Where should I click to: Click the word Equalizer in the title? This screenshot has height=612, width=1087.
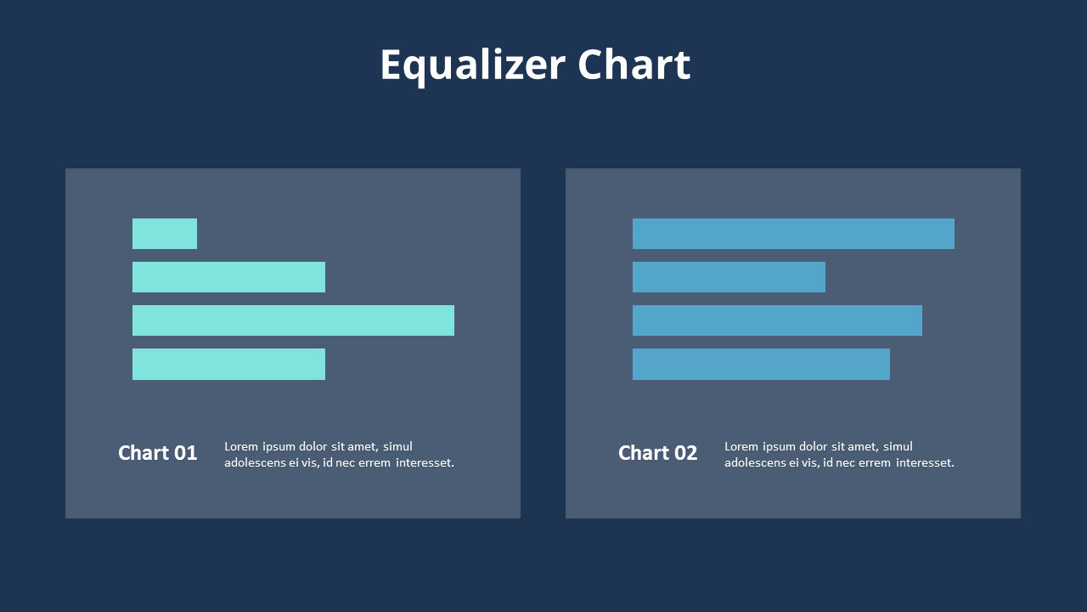point(472,65)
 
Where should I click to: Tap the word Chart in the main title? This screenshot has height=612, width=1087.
point(634,65)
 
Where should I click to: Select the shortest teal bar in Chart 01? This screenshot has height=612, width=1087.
point(165,234)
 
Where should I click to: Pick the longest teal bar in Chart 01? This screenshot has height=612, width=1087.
point(293,320)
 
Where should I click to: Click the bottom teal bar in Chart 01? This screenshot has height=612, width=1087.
point(228,364)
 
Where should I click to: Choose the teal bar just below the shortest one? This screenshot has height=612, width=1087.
point(228,277)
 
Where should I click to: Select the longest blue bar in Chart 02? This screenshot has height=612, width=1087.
point(793,234)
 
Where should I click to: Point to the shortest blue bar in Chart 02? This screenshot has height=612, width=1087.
point(729,277)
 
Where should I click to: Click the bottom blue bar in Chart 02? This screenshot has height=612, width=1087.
point(761,364)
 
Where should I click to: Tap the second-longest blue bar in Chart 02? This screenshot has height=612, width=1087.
point(777,320)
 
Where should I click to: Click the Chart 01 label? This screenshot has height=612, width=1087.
point(157,453)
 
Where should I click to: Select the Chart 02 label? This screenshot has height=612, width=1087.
point(657,453)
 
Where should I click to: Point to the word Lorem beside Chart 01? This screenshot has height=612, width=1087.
point(241,446)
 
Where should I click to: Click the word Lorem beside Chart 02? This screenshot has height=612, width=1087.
point(741,446)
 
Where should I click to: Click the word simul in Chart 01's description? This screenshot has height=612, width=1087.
point(397,446)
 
